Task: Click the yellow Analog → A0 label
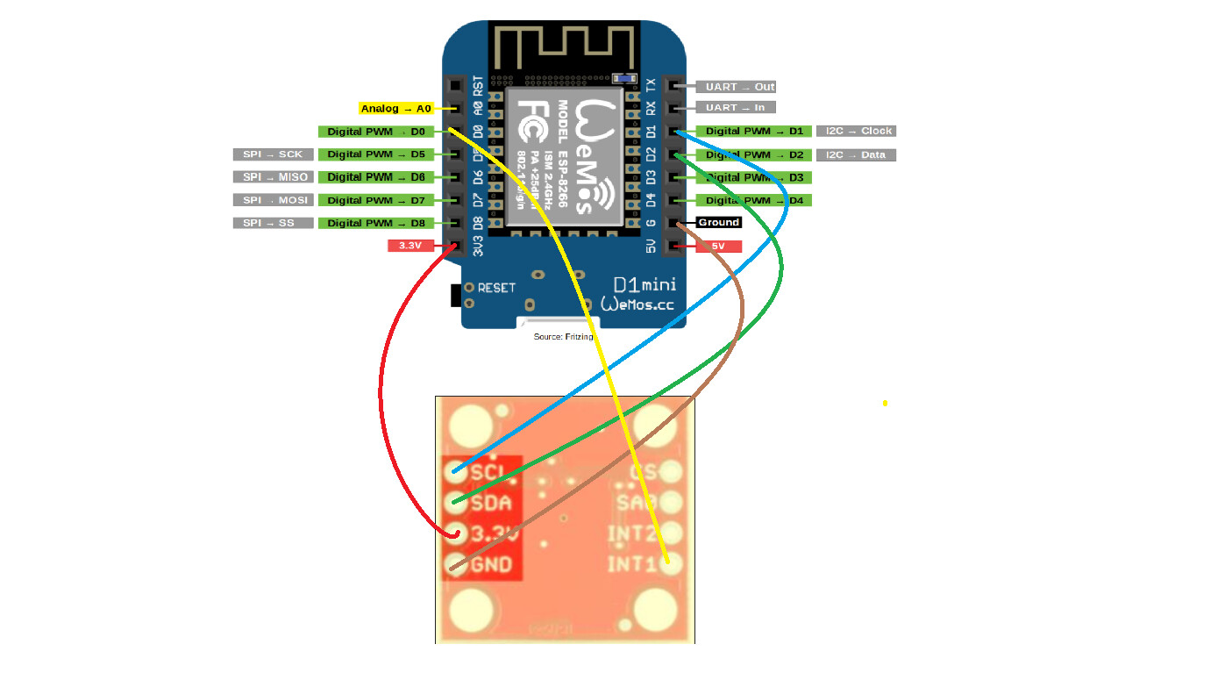(x=396, y=109)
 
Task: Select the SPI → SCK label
(x=273, y=154)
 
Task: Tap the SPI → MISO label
(x=273, y=177)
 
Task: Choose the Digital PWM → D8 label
(x=375, y=223)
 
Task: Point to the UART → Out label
(x=736, y=87)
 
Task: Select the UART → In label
(x=736, y=108)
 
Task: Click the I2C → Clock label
(x=856, y=131)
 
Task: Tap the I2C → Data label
(x=856, y=154)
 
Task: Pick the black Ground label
(x=719, y=222)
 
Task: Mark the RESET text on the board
(x=496, y=288)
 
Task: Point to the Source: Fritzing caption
(x=563, y=337)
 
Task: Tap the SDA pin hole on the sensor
(x=455, y=503)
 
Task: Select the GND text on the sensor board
(x=491, y=564)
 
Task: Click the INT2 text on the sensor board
(x=631, y=533)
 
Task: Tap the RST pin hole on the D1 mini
(x=454, y=86)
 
